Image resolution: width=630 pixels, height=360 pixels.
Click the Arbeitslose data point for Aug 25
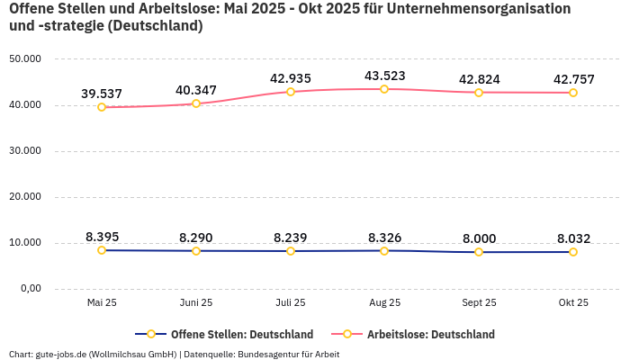(384, 89)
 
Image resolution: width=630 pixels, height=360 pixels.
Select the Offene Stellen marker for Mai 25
(102, 250)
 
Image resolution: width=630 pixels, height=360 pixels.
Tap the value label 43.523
(384, 76)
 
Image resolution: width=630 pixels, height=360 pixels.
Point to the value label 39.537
(102, 94)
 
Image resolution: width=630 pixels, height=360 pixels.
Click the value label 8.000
(479, 238)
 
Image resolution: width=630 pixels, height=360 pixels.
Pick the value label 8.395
(102, 237)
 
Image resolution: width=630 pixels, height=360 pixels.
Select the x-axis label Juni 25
(196, 303)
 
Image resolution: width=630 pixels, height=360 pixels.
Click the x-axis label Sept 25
(479, 303)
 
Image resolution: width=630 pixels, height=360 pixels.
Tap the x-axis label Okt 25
(573, 303)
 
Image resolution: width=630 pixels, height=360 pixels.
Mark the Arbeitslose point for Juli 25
(291, 92)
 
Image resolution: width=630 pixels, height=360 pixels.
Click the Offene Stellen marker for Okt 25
(573, 252)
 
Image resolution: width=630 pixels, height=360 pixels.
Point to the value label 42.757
(573, 79)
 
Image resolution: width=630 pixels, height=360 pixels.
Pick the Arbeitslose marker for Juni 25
(196, 103)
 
